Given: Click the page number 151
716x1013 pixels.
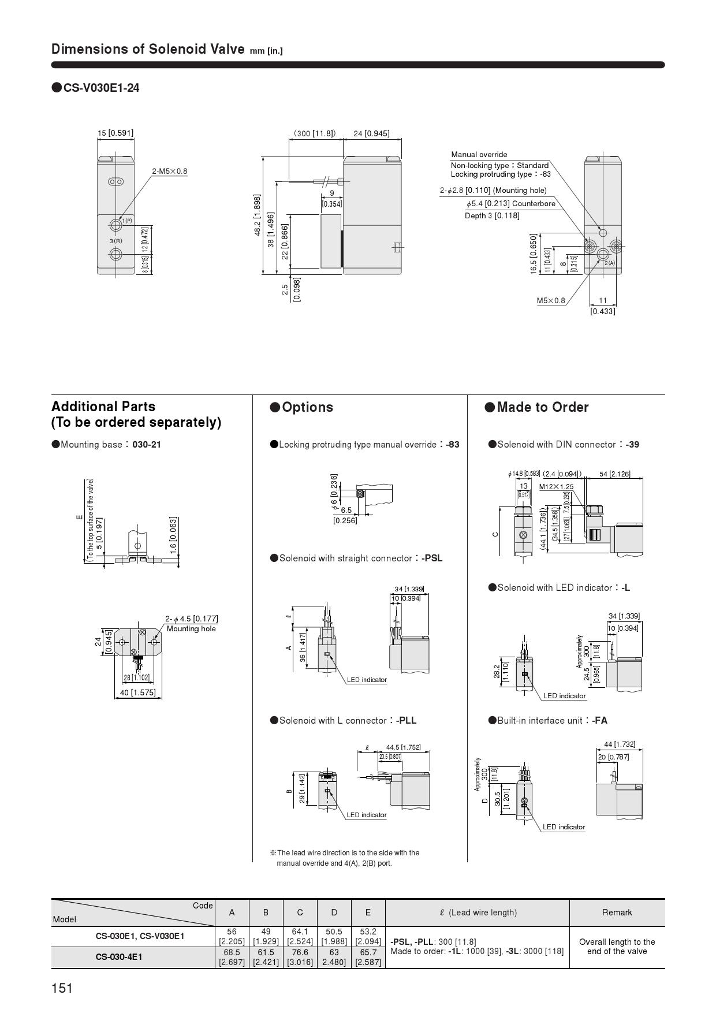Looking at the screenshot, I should point(62,988).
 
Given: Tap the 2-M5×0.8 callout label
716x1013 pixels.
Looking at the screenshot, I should point(170,171).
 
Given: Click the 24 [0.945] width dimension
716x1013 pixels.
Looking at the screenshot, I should point(371,133).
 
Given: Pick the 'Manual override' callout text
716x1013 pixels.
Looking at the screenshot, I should point(479,154).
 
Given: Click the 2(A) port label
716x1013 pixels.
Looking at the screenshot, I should point(610,263).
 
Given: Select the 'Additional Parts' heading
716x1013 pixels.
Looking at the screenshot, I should point(103,406).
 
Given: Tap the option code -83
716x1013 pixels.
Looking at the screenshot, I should point(452,444).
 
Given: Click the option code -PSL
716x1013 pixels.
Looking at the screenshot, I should point(432,558).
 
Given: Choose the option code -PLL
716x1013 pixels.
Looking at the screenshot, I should point(406,720).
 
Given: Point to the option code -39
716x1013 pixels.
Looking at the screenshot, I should point(631,444).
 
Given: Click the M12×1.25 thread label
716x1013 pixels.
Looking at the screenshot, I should point(556,486).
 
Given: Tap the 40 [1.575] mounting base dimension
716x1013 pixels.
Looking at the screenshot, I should point(137,692).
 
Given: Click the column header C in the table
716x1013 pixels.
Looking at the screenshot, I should point(300,913).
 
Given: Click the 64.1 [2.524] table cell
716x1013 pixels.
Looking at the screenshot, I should point(300,936).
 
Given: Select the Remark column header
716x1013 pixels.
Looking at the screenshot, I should point(617,913).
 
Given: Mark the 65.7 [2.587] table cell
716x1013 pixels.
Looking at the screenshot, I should point(368,957).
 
